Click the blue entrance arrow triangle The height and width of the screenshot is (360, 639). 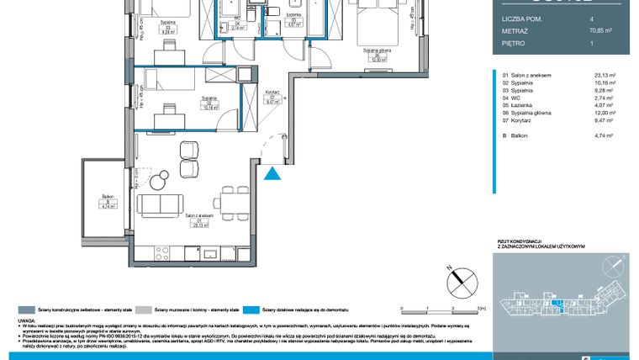[272, 173]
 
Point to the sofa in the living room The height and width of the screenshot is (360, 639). [159, 204]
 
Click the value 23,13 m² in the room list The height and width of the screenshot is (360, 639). [605, 76]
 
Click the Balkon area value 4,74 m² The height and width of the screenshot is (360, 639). [605, 133]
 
